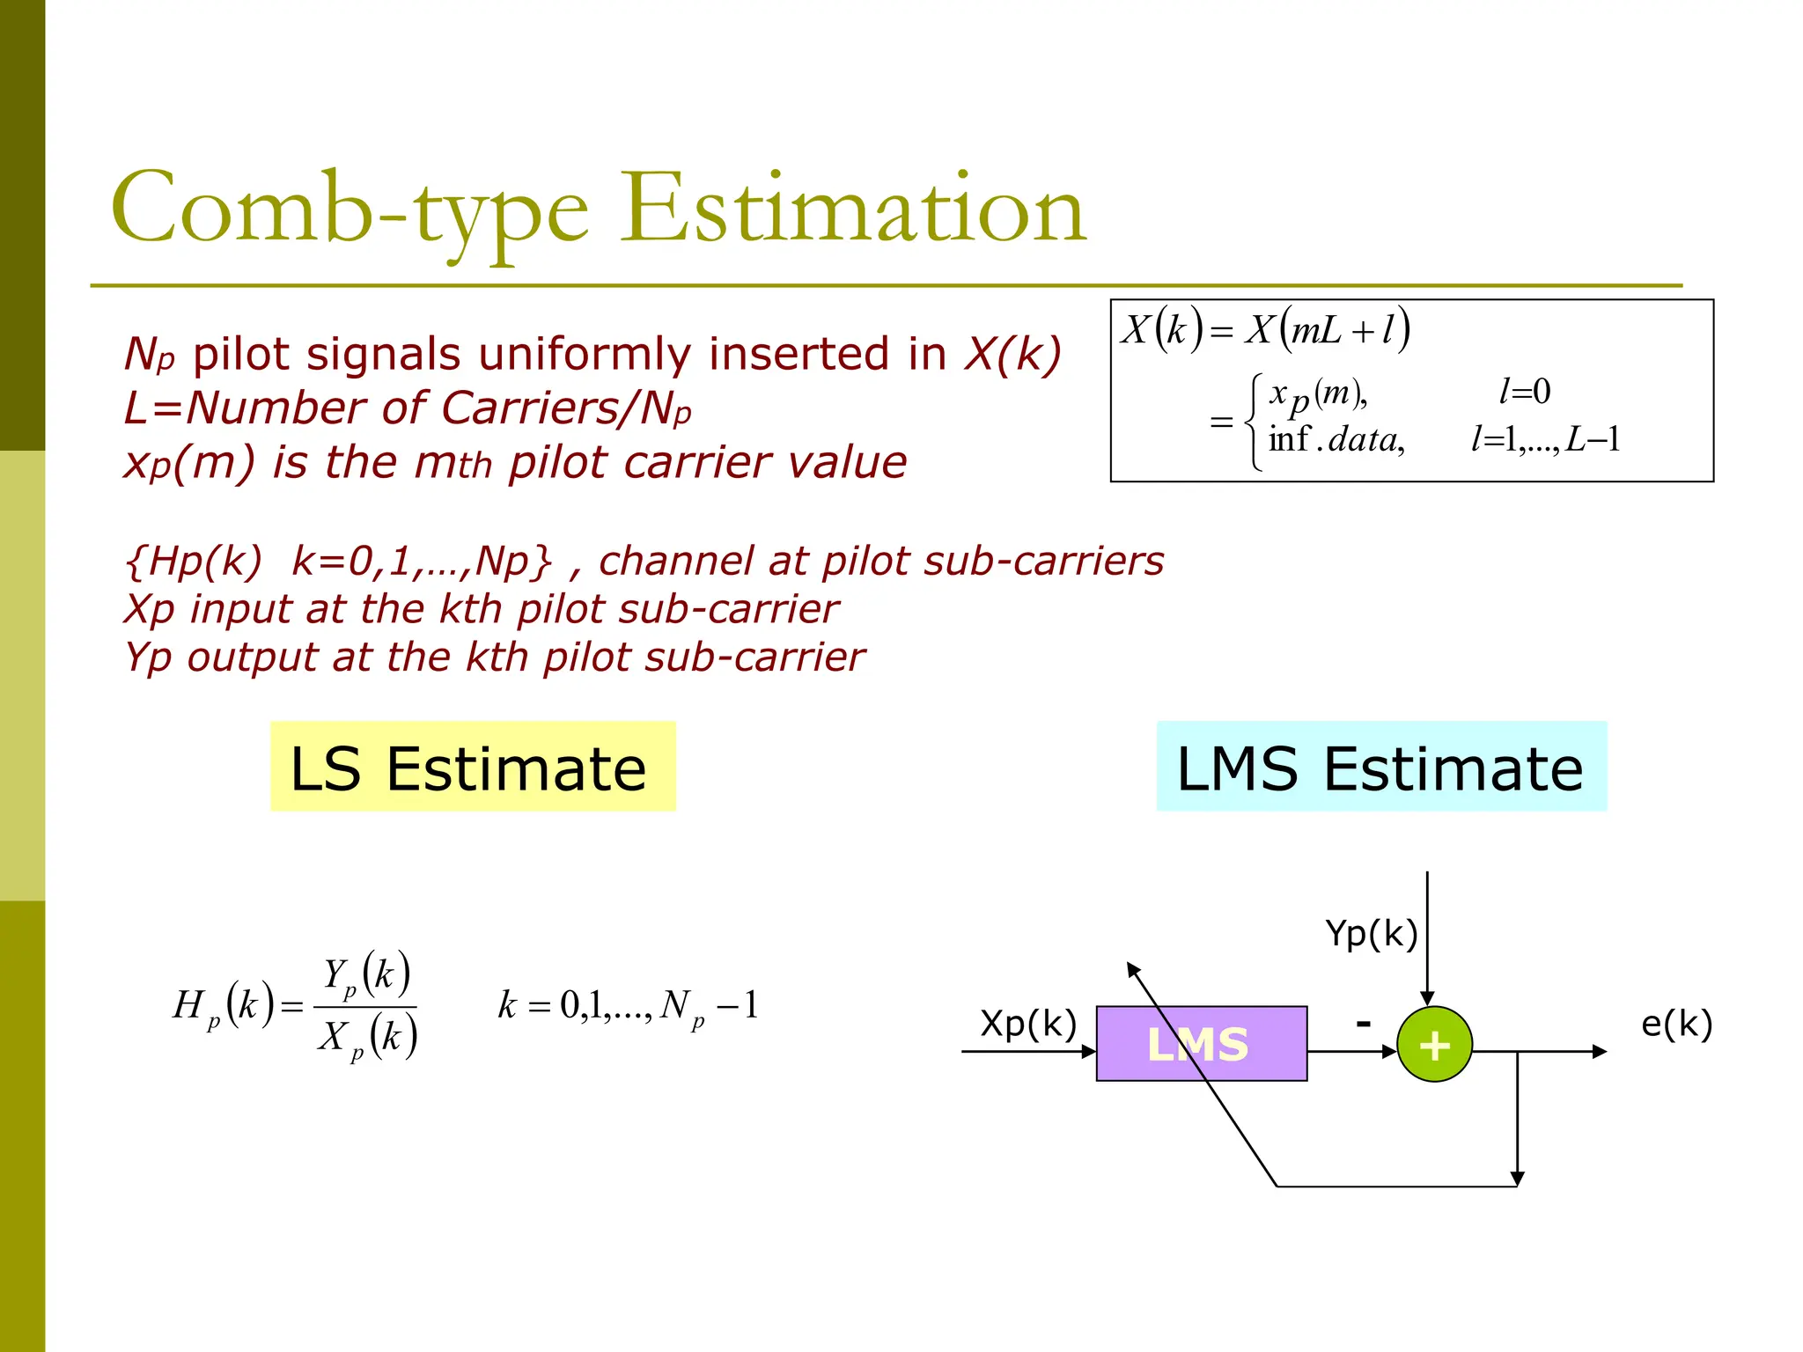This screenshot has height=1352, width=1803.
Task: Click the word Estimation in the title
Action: (x=852, y=209)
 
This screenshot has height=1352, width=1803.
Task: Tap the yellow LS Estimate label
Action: (x=473, y=767)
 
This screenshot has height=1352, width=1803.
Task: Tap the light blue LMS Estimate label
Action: (x=1380, y=767)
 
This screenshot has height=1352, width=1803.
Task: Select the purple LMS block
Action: (x=1201, y=1044)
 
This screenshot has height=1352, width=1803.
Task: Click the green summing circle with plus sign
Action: (x=1434, y=1045)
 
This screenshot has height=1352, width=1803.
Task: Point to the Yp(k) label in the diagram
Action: (x=1370, y=934)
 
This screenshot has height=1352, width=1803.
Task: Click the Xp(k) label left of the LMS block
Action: (x=1028, y=1024)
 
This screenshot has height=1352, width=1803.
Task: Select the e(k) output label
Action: (x=1676, y=1024)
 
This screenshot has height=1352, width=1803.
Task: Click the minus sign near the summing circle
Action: (x=1363, y=1023)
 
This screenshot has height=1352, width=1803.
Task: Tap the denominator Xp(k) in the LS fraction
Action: (x=366, y=1037)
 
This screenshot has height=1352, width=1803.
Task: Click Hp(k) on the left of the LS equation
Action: (x=224, y=1005)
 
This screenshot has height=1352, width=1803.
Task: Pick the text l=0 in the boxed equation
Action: (x=1524, y=392)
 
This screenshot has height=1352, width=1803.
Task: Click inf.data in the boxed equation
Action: (x=1336, y=438)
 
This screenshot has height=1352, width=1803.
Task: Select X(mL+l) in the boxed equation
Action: (x=1328, y=330)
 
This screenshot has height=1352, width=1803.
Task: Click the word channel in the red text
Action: (x=676, y=561)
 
